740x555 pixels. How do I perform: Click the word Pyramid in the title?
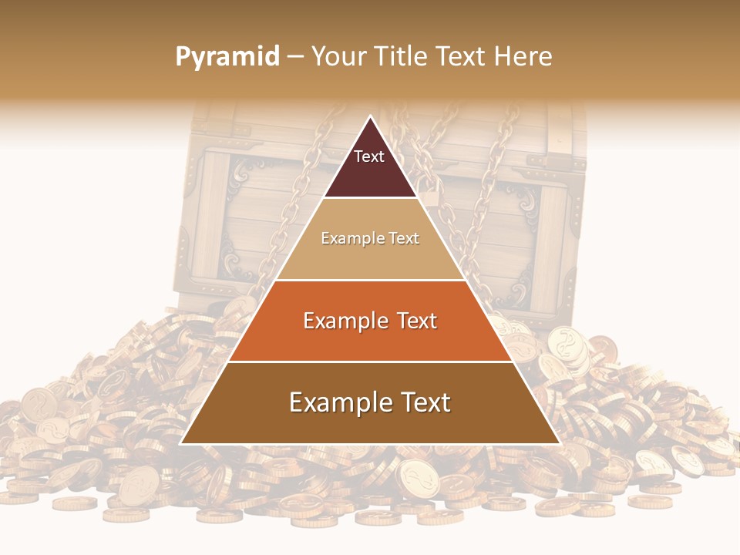point(227,57)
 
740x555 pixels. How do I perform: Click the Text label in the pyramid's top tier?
point(369,156)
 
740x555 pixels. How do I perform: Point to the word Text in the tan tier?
point(405,239)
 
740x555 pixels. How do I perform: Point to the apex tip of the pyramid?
point(370,117)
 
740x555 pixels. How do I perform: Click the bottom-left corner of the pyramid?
point(181,443)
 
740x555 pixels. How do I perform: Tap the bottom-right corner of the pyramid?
point(559,443)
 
